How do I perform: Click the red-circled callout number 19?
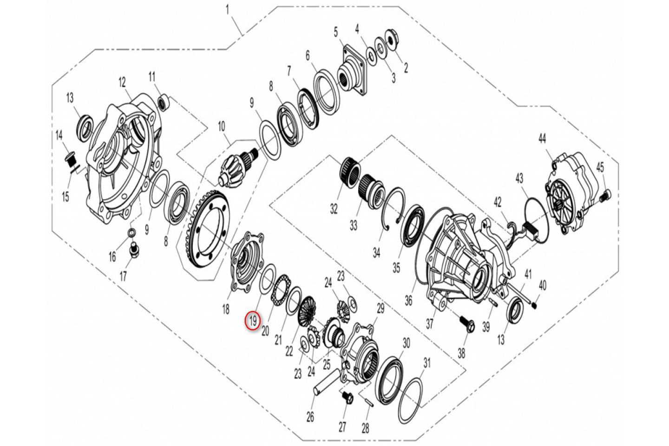point(253,322)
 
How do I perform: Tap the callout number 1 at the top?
point(228,11)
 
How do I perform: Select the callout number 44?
point(542,139)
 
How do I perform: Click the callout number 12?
point(123,83)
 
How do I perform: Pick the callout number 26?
point(310,417)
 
